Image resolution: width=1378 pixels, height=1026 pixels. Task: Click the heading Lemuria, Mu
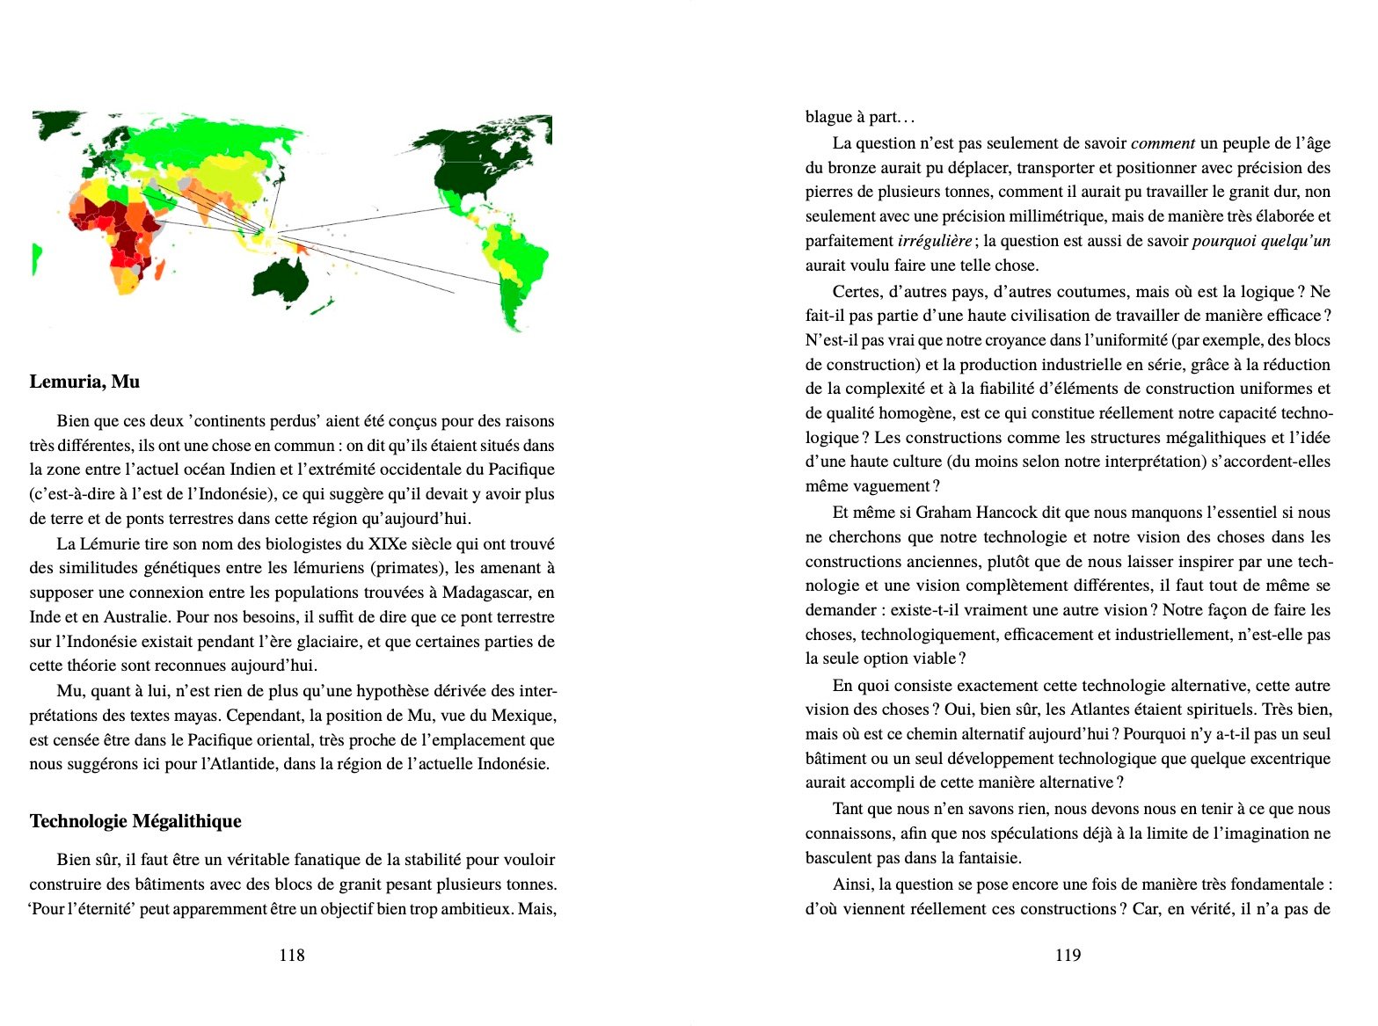point(84,382)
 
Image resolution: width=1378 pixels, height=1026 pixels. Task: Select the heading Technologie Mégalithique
point(135,821)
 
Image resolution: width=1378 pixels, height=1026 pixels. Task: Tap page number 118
point(291,955)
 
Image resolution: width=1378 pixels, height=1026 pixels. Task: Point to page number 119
point(1068,955)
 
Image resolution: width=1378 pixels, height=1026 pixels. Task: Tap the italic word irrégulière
point(934,241)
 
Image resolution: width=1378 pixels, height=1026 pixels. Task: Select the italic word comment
point(1163,143)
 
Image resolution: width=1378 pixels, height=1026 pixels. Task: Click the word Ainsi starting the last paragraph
point(851,884)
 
